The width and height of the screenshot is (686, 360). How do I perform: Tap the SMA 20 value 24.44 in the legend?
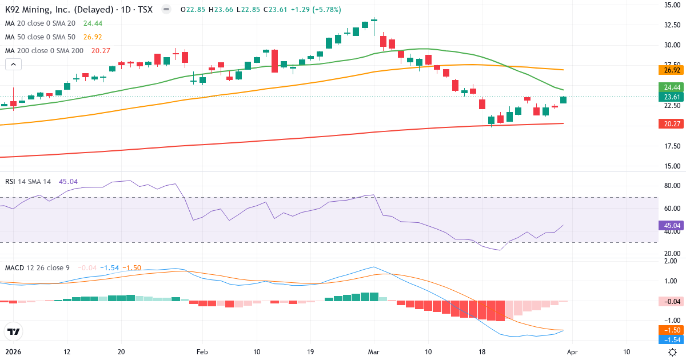pyautogui.click(x=93, y=23)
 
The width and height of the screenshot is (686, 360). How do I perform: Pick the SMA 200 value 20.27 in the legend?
pyautogui.click(x=101, y=51)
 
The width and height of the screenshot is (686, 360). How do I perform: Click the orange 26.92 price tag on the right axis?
pyautogui.click(x=672, y=70)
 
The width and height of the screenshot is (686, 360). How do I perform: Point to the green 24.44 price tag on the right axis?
pyautogui.click(x=672, y=87)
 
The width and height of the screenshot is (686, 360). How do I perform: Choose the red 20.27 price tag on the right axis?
pyautogui.click(x=672, y=123)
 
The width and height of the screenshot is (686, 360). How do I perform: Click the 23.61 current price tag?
pyautogui.click(x=672, y=97)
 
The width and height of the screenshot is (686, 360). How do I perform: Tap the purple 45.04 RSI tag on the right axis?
pyautogui.click(x=672, y=225)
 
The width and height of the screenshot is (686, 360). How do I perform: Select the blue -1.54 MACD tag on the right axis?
pyautogui.click(x=672, y=339)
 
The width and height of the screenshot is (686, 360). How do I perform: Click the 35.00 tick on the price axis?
pyautogui.click(x=672, y=5)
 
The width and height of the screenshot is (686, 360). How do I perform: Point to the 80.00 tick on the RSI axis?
pyautogui.click(x=672, y=186)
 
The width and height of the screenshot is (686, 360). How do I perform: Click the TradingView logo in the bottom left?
pyautogui.click(x=13, y=331)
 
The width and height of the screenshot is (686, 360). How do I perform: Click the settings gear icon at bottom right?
pyautogui.click(x=673, y=352)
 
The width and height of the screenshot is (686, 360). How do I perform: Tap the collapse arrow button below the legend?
pyautogui.click(x=13, y=65)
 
